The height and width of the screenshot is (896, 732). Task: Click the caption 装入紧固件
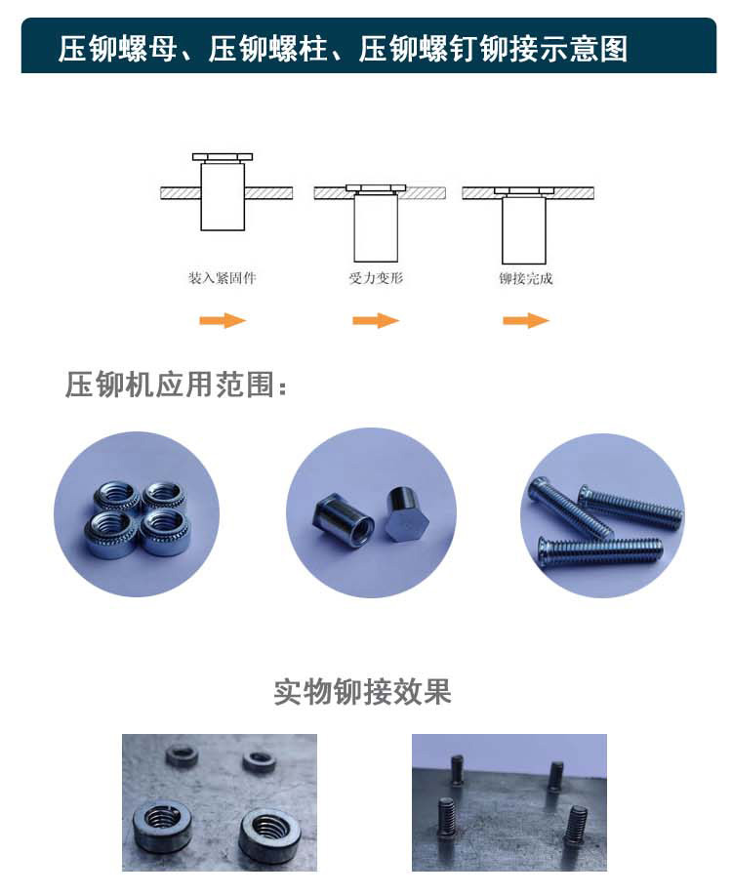point(223,278)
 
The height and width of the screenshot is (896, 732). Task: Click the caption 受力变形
point(376,278)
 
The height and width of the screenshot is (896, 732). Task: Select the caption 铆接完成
point(526,279)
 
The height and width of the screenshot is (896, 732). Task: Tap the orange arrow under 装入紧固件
point(223,320)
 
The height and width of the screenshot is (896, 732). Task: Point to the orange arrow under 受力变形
point(376,320)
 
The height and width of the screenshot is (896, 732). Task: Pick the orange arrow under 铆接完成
point(526,320)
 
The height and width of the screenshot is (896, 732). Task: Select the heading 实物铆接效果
point(362,692)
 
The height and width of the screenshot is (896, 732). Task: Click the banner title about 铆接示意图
point(343,48)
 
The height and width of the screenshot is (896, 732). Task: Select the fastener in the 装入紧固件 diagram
point(223,192)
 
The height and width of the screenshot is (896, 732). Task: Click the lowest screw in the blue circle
point(600,552)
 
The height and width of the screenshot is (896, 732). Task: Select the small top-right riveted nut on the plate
point(259,760)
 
